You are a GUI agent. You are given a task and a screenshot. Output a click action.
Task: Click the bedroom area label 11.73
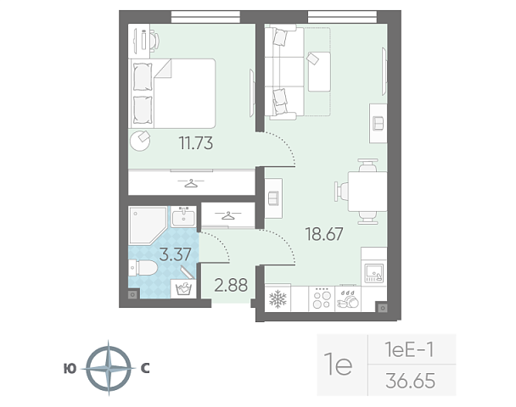pyautogui.click(x=196, y=143)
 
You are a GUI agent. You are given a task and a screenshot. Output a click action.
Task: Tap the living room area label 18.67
pyautogui.click(x=324, y=234)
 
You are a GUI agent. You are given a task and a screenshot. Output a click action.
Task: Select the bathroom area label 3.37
pyautogui.click(x=175, y=254)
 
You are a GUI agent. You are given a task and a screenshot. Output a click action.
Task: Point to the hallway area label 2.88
pyautogui.click(x=231, y=285)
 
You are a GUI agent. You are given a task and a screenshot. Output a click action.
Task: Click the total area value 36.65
pyautogui.click(x=411, y=381)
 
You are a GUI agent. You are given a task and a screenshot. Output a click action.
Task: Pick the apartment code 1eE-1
pyautogui.click(x=410, y=349)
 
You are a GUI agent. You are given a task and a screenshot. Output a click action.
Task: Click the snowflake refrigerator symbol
pyautogui.click(x=278, y=298)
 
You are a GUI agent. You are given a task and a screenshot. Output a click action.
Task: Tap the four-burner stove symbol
pyautogui.click(x=322, y=298)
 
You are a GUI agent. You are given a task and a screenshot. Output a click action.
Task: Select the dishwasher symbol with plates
pyautogui.click(x=348, y=299)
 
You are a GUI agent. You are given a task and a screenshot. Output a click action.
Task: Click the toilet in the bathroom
pyautogui.click(x=143, y=268)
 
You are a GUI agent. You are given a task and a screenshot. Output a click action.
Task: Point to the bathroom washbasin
pyautogui.click(x=183, y=217)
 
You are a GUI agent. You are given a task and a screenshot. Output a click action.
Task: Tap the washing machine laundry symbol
pyautogui.click(x=183, y=289)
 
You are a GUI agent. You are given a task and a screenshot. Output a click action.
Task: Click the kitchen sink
pyautogui.click(x=374, y=273)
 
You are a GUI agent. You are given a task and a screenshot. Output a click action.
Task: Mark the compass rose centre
pyautogui.click(x=109, y=368)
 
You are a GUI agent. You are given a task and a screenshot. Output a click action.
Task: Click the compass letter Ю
pyautogui.click(x=70, y=369)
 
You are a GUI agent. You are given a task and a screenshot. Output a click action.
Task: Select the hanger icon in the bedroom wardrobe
pyautogui.click(x=191, y=183)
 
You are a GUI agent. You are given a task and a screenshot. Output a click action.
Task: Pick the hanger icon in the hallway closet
pyautogui.click(x=227, y=215)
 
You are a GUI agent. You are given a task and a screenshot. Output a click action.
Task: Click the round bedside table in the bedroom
pyautogui.click(x=140, y=141)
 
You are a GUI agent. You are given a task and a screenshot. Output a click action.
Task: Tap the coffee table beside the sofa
pyautogui.click(x=319, y=72)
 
